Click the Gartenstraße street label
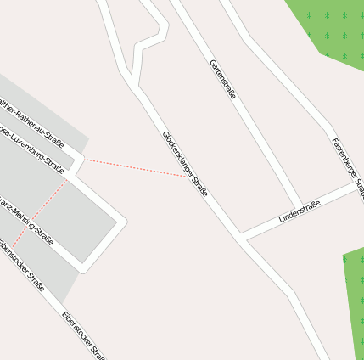(222, 80)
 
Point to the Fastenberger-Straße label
(348, 161)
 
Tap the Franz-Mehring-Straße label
(26, 220)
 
